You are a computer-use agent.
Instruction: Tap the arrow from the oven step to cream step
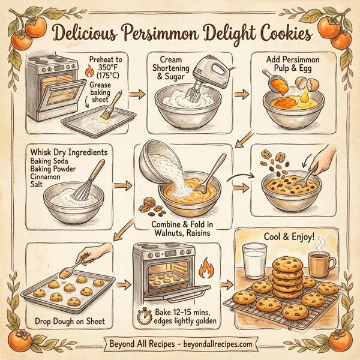137,94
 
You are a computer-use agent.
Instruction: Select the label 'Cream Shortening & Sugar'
178,68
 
